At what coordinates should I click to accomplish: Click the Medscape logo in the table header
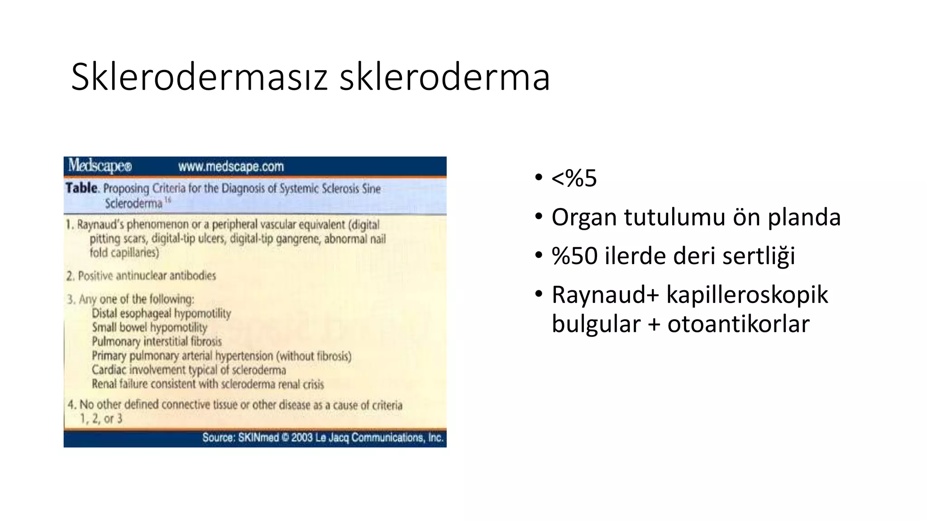100,166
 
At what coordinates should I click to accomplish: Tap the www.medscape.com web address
231,166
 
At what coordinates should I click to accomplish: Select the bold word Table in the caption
81,188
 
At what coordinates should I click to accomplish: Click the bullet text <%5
574,178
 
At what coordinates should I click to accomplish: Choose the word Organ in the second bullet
584,218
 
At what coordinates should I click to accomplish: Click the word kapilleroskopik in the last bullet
747,295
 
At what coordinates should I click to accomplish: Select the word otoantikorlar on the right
738,324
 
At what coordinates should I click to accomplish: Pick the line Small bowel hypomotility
149,327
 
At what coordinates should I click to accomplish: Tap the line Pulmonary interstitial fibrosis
157,341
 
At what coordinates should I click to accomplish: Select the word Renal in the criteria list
105,384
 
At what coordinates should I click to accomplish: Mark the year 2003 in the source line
302,438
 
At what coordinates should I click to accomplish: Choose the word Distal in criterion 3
105,313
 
